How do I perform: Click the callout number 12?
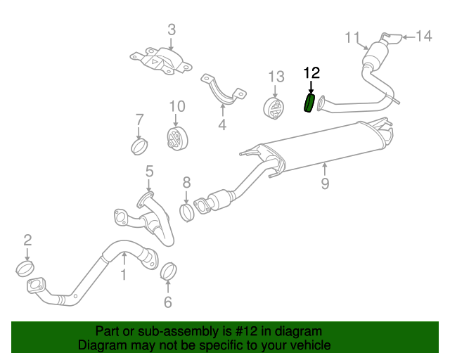point(311,72)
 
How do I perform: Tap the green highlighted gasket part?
point(309,103)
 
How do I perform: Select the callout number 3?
point(172,30)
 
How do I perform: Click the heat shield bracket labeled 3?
point(161,60)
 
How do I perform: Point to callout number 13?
point(276,76)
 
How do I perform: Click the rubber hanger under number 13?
point(274,110)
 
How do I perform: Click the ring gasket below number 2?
point(26,268)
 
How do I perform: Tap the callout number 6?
point(167,303)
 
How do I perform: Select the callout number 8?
point(186,183)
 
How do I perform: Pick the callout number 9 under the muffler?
point(325,184)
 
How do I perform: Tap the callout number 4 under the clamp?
point(222,126)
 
